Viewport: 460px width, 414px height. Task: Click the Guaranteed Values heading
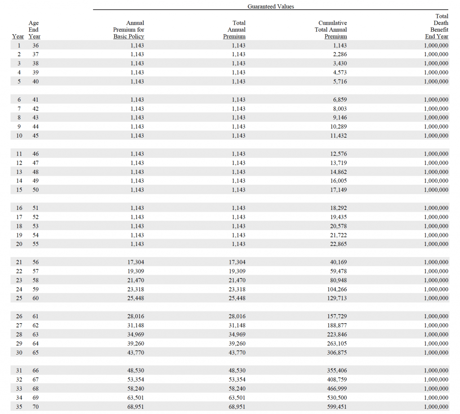pos(270,6)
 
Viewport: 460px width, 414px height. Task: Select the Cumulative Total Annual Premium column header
pos(332,30)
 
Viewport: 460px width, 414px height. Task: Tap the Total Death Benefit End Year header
pos(438,26)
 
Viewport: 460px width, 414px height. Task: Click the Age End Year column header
pos(34,30)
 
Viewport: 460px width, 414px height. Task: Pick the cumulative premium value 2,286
pos(339,54)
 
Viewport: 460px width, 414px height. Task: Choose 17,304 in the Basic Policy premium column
pos(136,262)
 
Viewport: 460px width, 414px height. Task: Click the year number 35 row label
pos(19,407)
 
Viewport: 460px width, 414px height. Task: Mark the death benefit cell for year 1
pos(436,45)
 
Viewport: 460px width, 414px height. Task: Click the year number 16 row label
pos(19,208)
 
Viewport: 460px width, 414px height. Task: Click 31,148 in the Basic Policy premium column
pos(136,325)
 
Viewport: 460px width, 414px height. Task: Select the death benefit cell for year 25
pos(436,298)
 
